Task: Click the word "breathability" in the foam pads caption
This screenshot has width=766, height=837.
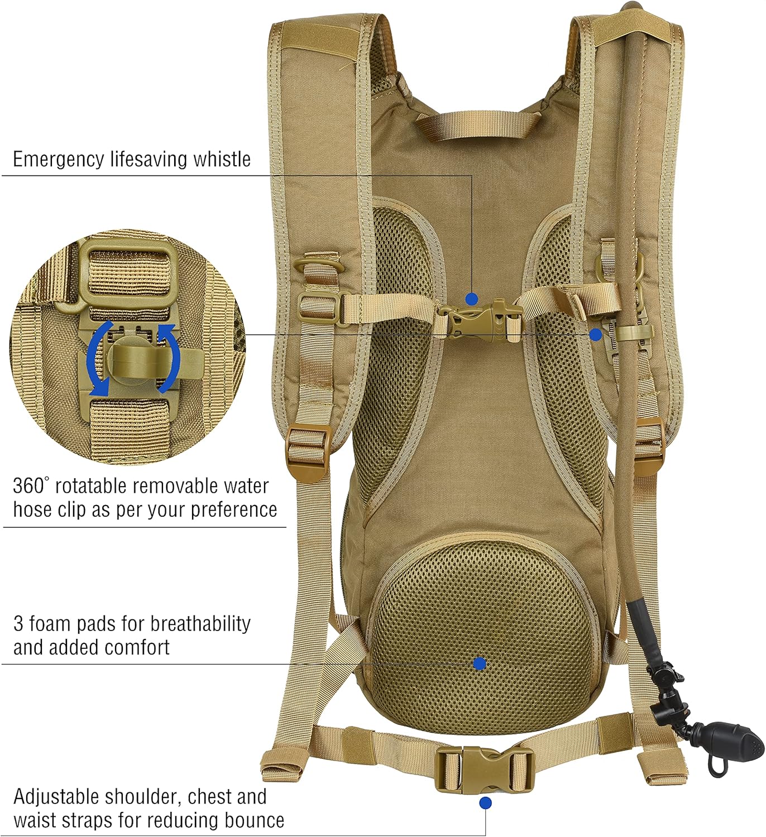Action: (200, 624)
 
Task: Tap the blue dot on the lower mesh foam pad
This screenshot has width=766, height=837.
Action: (479, 663)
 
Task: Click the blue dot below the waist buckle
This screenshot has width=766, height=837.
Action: (486, 803)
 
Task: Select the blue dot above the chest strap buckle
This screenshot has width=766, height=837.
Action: (472, 299)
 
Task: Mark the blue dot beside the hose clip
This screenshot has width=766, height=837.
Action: (596, 335)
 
